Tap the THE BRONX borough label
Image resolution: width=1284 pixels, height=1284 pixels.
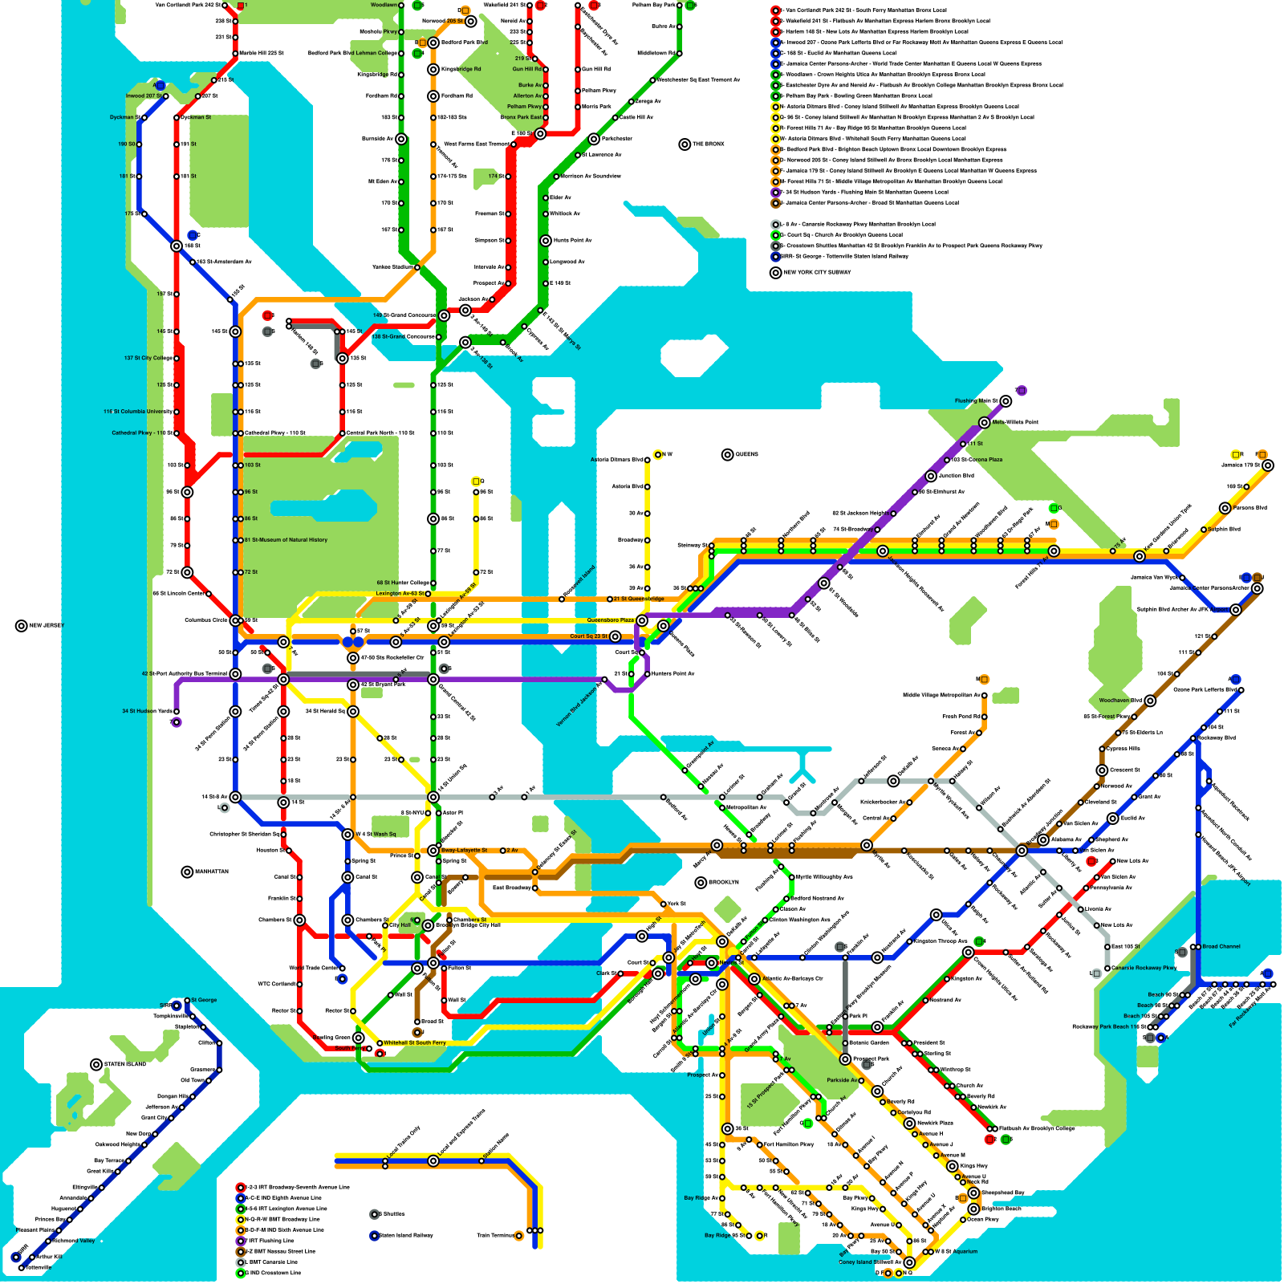(x=708, y=144)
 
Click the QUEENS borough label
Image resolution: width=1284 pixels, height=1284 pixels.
(x=746, y=455)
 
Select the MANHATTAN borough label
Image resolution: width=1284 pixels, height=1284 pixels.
(x=211, y=872)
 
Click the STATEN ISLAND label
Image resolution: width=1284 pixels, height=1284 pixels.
(x=125, y=1065)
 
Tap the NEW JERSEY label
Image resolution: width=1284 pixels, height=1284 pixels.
(x=46, y=626)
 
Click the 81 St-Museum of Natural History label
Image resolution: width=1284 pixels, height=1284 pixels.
(x=286, y=540)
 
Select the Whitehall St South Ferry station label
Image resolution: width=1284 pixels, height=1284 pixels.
(x=414, y=1043)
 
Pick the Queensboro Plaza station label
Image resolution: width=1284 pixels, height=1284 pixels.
(x=610, y=620)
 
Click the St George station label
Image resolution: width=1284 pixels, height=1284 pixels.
(x=204, y=1000)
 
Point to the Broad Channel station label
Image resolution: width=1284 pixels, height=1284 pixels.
(x=1221, y=947)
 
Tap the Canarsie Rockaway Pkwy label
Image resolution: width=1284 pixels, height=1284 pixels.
(x=1144, y=968)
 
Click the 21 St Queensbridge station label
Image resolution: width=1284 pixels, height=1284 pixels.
(x=638, y=599)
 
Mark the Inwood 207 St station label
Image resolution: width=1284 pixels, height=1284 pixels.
(x=144, y=96)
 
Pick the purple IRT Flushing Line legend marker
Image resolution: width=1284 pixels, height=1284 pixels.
(x=240, y=1241)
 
